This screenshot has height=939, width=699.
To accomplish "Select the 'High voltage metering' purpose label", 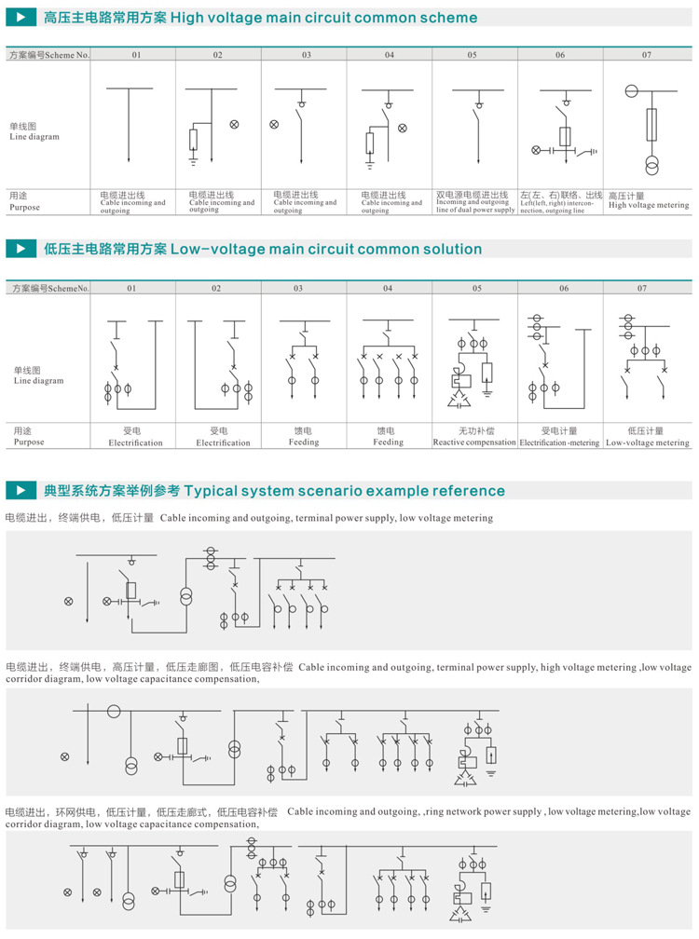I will click(x=649, y=205).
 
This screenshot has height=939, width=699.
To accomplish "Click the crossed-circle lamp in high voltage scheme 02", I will click(x=235, y=124).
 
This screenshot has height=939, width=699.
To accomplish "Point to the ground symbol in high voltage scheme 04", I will click(x=370, y=166).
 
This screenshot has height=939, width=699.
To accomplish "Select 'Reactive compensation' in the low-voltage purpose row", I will click(x=474, y=442).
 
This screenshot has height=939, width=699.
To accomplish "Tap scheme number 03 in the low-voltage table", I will click(x=298, y=289).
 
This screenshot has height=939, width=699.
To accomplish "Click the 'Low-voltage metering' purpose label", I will click(x=648, y=442).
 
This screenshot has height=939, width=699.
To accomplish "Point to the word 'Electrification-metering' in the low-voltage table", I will click(x=559, y=442).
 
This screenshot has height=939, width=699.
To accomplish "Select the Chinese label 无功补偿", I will click(x=475, y=431).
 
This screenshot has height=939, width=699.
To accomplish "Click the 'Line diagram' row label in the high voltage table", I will click(x=34, y=137).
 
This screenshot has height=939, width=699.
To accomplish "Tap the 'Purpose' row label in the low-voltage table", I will click(x=28, y=442).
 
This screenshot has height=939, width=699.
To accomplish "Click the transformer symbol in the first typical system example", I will click(x=185, y=595).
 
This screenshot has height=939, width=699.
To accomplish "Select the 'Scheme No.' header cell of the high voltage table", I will click(x=48, y=56).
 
